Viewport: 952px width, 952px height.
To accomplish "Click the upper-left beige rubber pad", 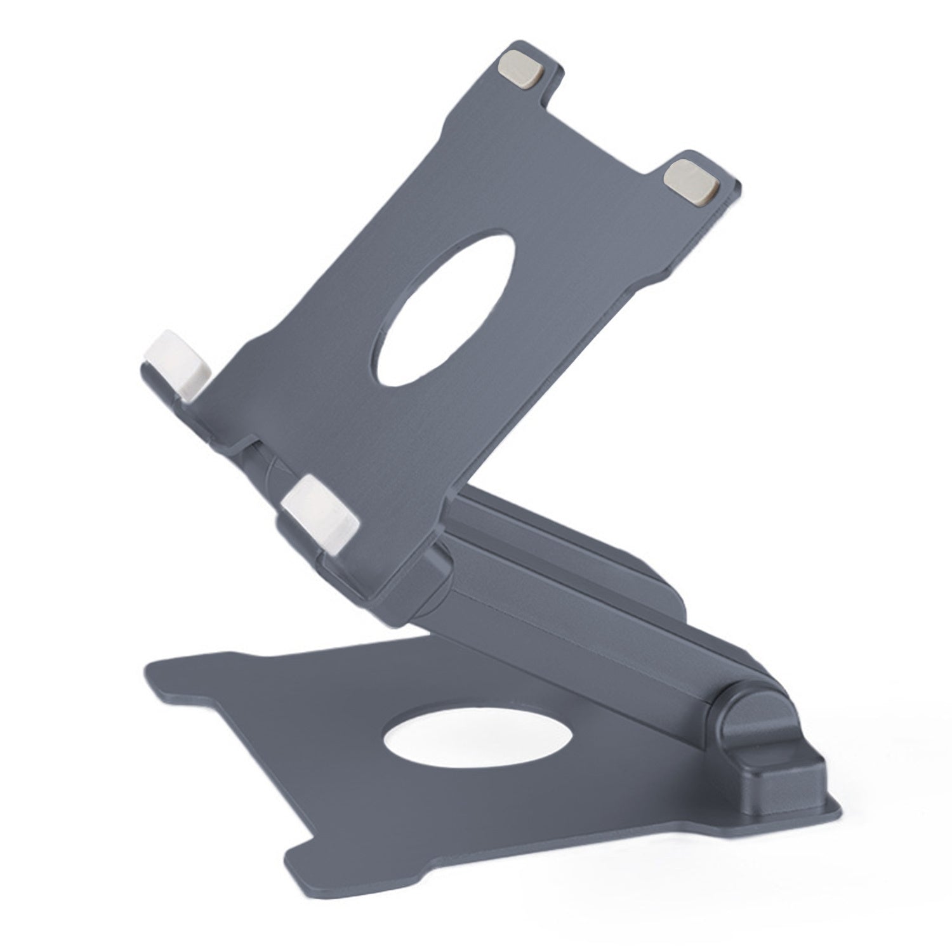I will pyautogui.click(x=522, y=69).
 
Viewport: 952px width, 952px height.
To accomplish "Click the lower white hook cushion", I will pyautogui.click(x=321, y=512).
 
